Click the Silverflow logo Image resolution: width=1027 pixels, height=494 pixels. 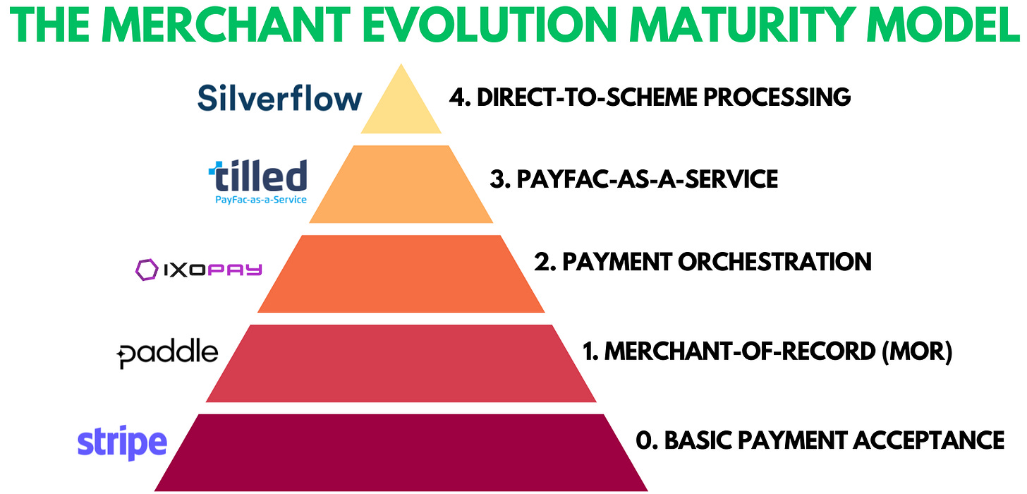point(279,97)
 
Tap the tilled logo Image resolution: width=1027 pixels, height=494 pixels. point(257,181)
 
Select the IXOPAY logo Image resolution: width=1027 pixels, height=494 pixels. point(199,269)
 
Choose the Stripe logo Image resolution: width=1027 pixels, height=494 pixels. point(122,442)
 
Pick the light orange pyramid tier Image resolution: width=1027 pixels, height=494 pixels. point(401,184)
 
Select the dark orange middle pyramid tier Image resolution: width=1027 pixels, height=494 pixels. point(401,274)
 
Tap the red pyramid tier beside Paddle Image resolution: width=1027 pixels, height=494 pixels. point(401,363)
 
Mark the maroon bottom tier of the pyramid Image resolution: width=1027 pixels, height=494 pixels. point(401,452)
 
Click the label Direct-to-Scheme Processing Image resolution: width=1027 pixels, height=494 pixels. point(650,97)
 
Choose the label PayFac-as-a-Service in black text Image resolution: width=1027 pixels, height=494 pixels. point(633,179)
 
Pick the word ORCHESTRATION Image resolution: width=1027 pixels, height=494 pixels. point(774,262)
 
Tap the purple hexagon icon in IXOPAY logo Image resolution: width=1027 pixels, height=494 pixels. point(147,269)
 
